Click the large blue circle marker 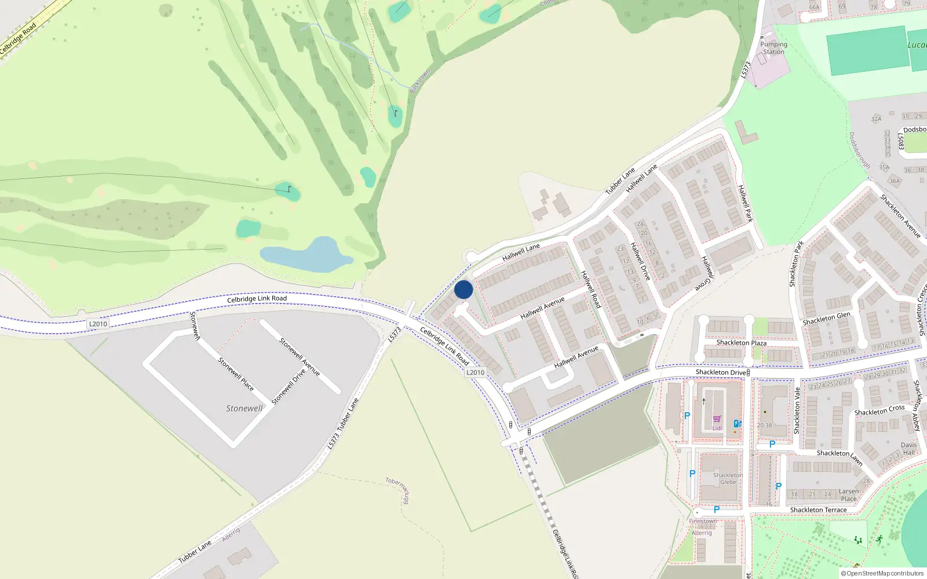pos(463,289)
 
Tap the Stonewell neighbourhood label pos(244,408)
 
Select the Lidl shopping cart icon pos(717,419)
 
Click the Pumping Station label pos(773,48)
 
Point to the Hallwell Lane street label pos(521,252)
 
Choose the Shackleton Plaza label pos(741,343)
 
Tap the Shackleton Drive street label pos(720,372)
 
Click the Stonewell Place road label pos(235,374)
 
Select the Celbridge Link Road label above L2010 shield pos(257,299)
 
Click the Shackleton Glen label pos(826,318)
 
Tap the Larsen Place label pos(849,495)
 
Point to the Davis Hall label pos(908,449)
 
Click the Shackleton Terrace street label pos(818,510)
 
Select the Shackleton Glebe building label pos(728,478)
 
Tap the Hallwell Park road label pos(745,203)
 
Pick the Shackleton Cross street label pos(879,410)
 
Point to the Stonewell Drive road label pos(288,387)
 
